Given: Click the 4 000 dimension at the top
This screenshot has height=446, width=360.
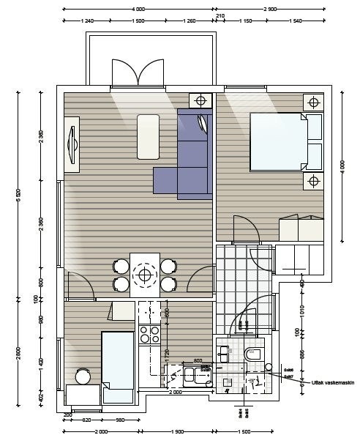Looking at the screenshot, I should (x=138, y=8).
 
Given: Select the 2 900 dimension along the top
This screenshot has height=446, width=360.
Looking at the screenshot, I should (x=270, y=8).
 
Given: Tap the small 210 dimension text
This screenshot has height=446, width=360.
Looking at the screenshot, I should (x=220, y=15).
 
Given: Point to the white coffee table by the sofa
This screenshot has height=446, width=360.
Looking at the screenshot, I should (x=149, y=136).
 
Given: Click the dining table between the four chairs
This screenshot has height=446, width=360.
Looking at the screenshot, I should (x=145, y=275).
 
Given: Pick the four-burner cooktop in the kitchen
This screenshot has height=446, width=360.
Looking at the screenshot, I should (x=149, y=335).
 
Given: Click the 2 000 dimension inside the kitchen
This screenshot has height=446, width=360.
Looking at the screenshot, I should (x=175, y=393).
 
